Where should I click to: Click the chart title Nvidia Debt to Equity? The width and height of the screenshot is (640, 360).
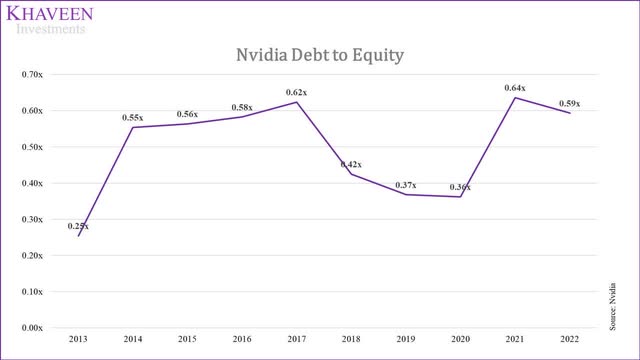[x=320, y=56]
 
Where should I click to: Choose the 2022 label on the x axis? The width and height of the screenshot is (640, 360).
[x=568, y=340]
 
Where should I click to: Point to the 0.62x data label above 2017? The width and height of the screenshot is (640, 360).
[x=295, y=93]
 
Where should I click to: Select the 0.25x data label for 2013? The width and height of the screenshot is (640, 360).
[x=79, y=226]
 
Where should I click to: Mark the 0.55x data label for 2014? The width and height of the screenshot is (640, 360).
[x=133, y=117]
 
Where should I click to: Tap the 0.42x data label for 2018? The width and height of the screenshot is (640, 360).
[x=351, y=164]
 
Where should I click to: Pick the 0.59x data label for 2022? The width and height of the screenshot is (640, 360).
[x=568, y=104]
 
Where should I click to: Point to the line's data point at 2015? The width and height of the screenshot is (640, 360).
[x=188, y=123]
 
